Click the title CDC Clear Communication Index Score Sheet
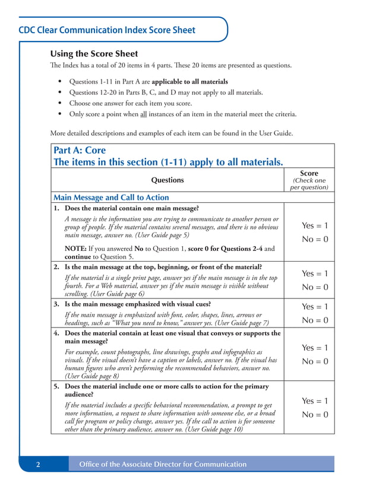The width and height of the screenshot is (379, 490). (107, 30)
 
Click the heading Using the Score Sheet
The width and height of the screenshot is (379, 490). (94, 54)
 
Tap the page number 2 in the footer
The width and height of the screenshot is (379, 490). (37, 464)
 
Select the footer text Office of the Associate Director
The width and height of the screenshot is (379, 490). (163, 464)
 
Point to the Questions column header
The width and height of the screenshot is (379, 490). (168, 180)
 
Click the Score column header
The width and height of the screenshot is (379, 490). (309, 173)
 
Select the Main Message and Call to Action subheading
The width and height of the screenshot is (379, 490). (111, 197)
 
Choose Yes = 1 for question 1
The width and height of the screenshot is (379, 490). (314, 225)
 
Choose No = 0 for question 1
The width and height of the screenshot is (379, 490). (314, 239)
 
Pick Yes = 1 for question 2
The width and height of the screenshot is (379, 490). (314, 273)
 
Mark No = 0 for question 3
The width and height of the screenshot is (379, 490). (314, 320)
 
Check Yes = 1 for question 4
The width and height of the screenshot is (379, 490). (314, 348)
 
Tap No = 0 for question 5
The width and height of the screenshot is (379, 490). (314, 415)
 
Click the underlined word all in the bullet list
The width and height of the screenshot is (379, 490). (143, 114)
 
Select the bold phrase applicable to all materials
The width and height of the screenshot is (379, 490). (190, 81)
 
